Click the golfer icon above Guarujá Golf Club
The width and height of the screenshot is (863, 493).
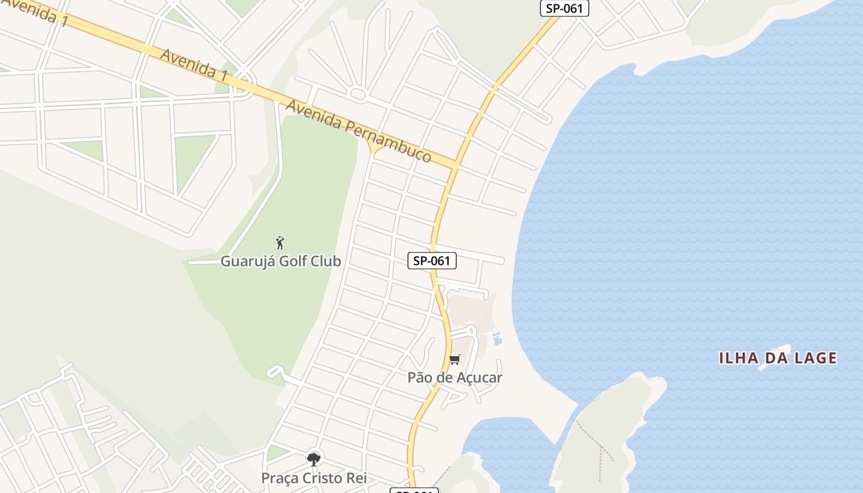click(280, 243)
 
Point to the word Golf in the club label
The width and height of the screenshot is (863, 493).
click(292, 261)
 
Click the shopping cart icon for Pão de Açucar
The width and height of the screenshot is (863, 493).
click(455, 360)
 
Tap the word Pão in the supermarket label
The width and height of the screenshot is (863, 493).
click(420, 378)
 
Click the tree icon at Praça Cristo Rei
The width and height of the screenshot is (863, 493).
click(314, 459)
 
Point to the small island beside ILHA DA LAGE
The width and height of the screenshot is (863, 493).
click(774, 357)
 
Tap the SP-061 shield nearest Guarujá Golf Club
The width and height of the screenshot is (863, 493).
click(432, 261)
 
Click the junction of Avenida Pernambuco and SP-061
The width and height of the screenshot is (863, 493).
click(456, 165)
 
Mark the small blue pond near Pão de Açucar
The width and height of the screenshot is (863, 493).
click(497, 339)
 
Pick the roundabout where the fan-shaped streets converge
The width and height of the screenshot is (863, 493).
click(357, 94)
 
